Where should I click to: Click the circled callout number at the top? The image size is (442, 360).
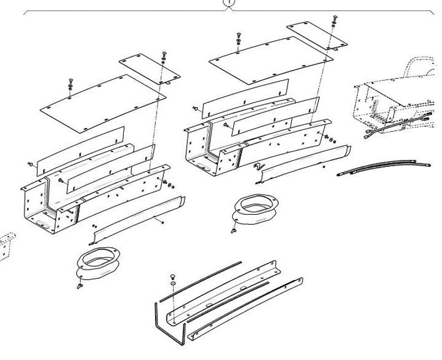click(228, 3)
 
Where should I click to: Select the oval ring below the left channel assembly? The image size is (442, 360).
click(94, 263)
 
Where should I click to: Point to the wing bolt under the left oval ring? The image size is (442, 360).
click(81, 287)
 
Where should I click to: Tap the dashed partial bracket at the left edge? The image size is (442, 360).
click(6, 243)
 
